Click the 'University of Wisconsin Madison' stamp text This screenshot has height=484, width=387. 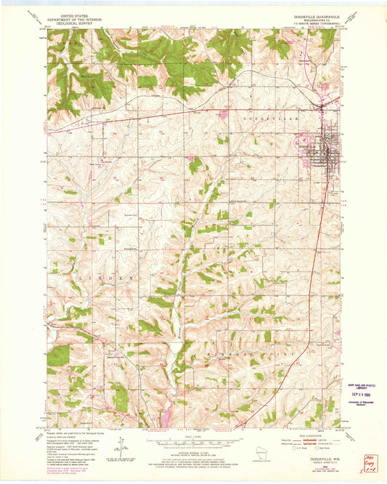coord(362,404)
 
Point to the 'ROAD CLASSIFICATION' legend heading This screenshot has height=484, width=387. coord(313,434)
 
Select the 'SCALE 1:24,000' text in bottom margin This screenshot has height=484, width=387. coord(193,436)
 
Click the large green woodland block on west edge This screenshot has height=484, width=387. coord(58,355)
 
